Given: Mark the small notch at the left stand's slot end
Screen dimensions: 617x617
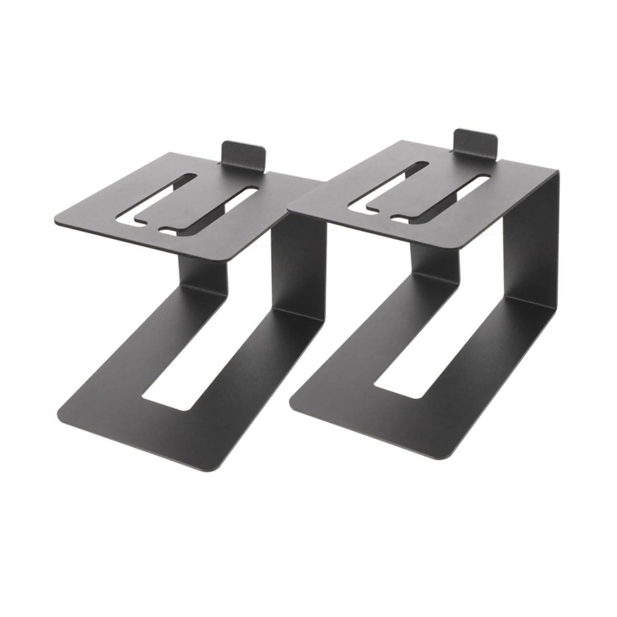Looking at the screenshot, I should (166, 230).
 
